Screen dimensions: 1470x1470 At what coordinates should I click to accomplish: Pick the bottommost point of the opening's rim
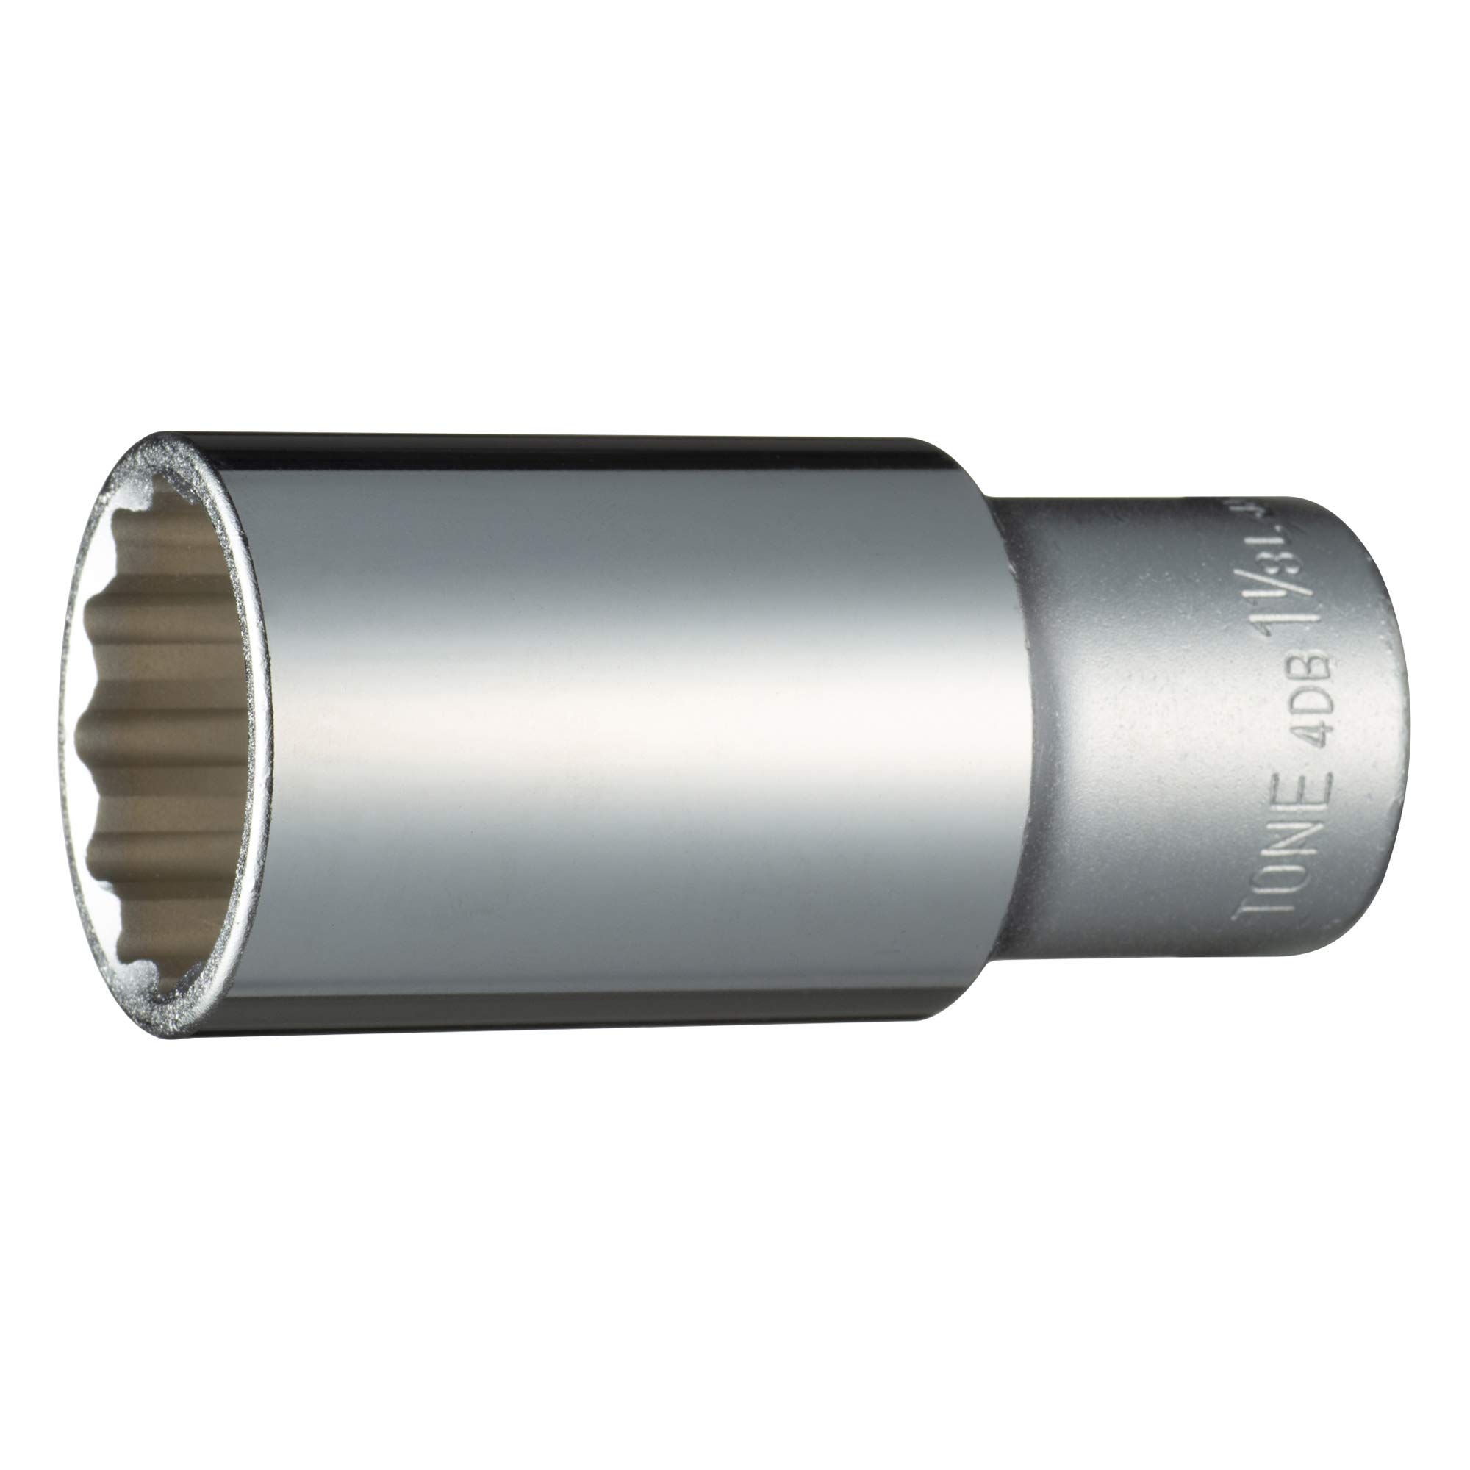175,1036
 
